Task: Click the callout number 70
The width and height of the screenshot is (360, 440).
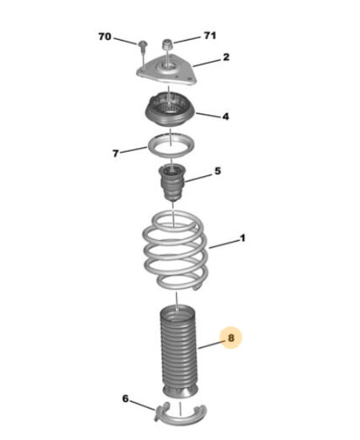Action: click(x=104, y=37)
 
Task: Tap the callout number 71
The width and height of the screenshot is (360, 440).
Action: click(x=210, y=36)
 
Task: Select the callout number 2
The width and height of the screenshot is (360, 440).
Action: click(x=226, y=58)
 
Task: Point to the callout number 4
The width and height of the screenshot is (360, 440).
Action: click(x=226, y=116)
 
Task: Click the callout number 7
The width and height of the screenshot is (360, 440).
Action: click(x=115, y=154)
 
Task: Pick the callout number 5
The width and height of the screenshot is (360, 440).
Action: click(x=218, y=171)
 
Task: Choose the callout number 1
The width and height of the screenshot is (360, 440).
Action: click(x=242, y=238)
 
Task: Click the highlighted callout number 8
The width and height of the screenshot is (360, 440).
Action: click(x=230, y=338)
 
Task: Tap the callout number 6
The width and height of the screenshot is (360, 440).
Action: click(x=126, y=398)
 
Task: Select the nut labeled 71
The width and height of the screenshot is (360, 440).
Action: click(x=167, y=44)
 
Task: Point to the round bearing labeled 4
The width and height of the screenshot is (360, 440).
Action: click(x=170, y=110)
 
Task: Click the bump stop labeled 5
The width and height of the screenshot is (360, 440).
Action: click(x=173, y=182)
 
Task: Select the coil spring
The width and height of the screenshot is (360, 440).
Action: click(x=175, y=251)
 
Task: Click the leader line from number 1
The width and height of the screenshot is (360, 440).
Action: click(x=224, y=244)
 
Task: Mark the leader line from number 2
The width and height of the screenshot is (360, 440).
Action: click(x=207, y=63)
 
